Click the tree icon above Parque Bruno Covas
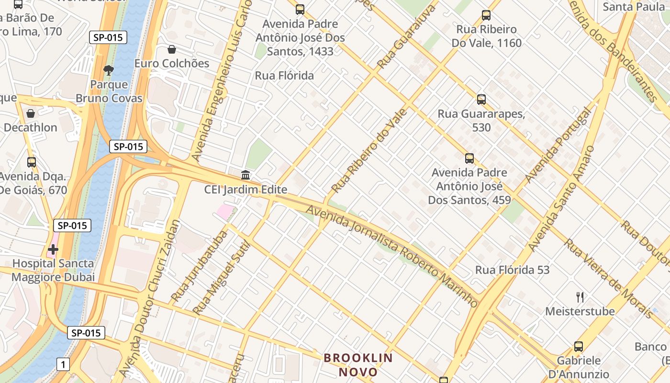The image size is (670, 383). click(109, 70)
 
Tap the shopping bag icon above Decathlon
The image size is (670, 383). click(31, 113)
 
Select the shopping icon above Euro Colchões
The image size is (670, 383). click(171, 49)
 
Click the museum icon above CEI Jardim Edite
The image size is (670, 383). click(246, 175)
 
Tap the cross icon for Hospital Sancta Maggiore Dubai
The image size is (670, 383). click(53, 249)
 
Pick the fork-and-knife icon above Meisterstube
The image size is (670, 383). click(580, 297)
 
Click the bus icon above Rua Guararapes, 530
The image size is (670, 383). click(481, 100)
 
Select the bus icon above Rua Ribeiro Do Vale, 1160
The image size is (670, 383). click(486, 15)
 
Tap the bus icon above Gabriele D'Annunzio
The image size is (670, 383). click(578, 347)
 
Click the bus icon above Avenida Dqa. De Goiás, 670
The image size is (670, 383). click(32, 162)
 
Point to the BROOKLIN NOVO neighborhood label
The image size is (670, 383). click(358, 365)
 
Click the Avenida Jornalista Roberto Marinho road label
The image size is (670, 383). click(391, 256)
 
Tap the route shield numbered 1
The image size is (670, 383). click(63, 365)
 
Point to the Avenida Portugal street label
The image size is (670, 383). click(558, 145)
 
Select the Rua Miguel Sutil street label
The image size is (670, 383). click(222, 278)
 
